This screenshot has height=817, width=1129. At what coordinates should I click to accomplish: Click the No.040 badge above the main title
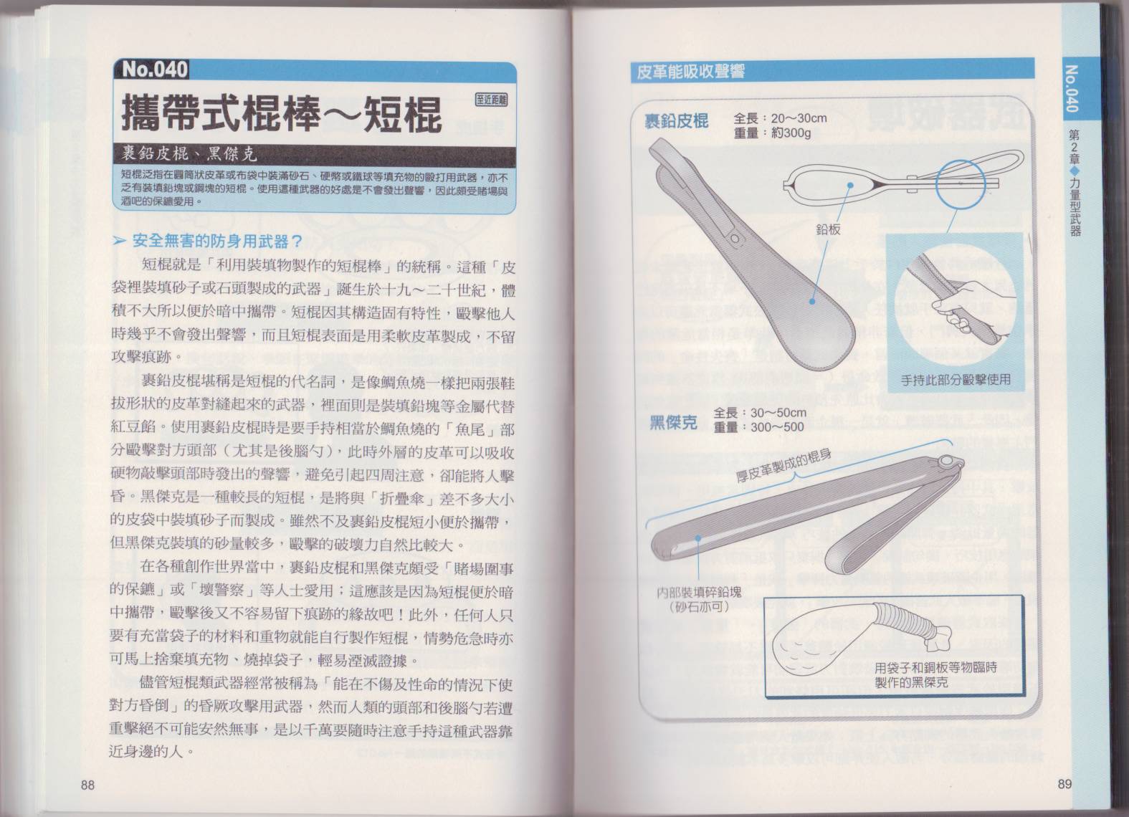point(155,70)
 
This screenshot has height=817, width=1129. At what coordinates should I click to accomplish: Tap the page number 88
point(87,785)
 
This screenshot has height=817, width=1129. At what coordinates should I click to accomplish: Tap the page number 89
point(1064,784)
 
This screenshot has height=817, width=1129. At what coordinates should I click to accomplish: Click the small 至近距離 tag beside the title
point(492,100)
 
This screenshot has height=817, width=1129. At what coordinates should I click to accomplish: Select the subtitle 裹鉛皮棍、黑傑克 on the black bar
point(190,153)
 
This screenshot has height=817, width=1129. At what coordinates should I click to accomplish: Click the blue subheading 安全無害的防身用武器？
point(216,242)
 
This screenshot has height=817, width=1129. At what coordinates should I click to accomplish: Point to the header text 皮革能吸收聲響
point(690,72)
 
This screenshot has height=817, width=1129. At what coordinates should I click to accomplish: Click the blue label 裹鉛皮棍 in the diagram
point(677,121)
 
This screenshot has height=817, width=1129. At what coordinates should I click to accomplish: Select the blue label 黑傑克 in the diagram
point(673,422)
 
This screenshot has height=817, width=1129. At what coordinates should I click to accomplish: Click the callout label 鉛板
point(828,230)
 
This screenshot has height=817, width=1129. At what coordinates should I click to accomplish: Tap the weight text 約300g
point(791,133)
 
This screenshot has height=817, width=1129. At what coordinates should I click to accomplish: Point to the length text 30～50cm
point(778,413)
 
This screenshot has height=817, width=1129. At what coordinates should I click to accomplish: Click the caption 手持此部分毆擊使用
point(955,380)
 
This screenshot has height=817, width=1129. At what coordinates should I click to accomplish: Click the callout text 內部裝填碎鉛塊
point(699,592)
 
